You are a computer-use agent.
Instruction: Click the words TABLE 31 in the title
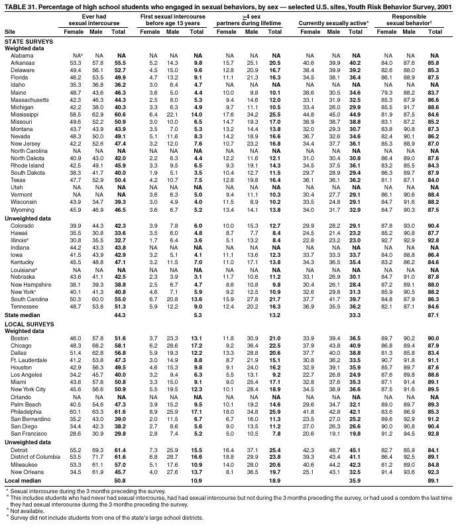click(19, 5)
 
